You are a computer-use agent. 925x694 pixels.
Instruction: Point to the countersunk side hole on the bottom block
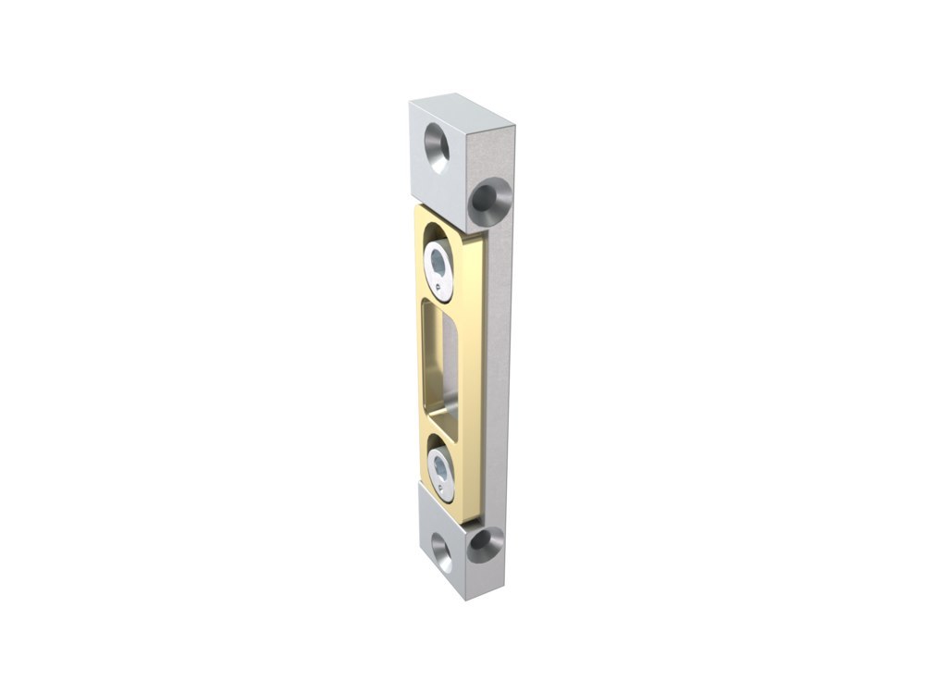[483, 547]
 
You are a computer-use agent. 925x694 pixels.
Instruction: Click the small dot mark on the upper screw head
[449, 288]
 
